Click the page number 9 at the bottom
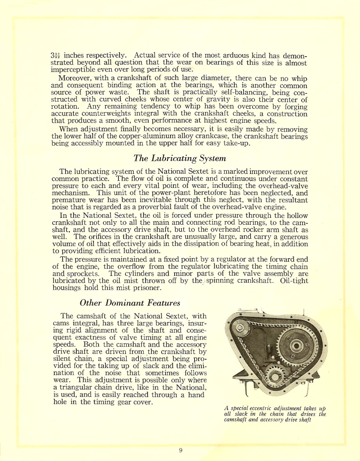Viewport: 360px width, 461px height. (x=181, y=450)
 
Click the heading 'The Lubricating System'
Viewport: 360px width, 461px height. (x=179, y=158)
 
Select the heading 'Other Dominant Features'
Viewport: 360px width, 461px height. (x=130, y=303)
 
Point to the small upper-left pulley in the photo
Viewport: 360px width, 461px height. (x=241, y=328)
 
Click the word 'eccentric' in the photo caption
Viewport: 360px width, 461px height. (x=261, y=408)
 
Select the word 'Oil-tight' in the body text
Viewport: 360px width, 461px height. (x=294, y=281)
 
